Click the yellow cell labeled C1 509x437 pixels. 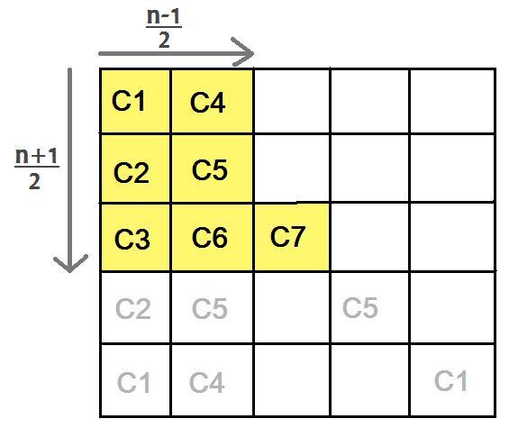(x=136, y=101)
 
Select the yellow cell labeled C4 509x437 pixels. (x=212, y=101)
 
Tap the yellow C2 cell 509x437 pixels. (x=136, y=168)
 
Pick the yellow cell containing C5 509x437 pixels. (x=212, y=168)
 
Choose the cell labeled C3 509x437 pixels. (x=136, y=237)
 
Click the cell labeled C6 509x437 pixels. (x=212, y=237)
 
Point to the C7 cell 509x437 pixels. (x=292, y=237)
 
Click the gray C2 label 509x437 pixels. (x=133, y=309)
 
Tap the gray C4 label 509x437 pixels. (x=207, y=382)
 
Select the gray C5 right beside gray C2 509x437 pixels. (x=210, y=308)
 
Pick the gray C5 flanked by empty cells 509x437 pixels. (x=360, y=307)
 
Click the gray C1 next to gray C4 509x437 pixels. (x=133, y=382)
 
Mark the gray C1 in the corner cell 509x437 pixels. (x=450, y=380)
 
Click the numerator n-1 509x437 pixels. (x=164, y=16)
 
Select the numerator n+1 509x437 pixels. (x=37, y=156)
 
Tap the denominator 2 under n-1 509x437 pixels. (x=164, y=41)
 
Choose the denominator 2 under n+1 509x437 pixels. (x=35, y=181)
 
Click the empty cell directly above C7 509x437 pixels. (x=292, y=168)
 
